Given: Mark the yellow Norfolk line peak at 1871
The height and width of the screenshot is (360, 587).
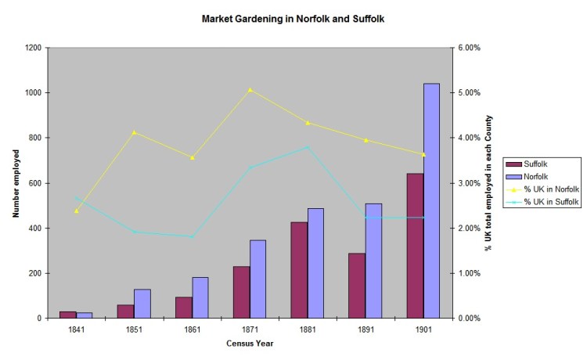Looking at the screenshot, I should pos(250,90).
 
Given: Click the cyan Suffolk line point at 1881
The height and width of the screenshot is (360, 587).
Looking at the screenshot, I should pos(308,147).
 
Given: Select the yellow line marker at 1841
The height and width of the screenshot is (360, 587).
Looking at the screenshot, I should pos(77,211).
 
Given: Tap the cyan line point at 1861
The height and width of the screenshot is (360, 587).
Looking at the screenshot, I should pos(192,236).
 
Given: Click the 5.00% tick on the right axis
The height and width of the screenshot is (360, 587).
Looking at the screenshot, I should pos(466,93).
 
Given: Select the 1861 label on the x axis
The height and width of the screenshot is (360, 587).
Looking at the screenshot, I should pos(192,329).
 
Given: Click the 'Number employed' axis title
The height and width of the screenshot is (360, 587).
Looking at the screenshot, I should pos(15,183).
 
